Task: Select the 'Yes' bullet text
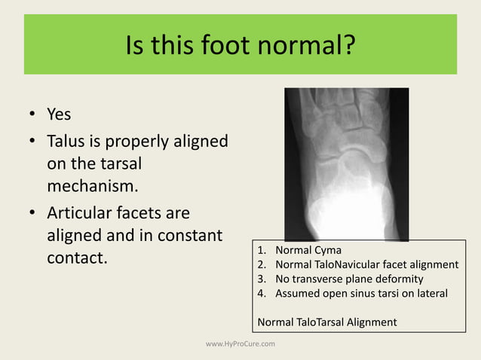(59, 114)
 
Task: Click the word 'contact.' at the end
(78, 258)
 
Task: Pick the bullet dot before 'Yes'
(32, 115)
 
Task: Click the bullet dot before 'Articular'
(32, 213)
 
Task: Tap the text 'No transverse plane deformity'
(345, 279)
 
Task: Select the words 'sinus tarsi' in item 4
(383, 293)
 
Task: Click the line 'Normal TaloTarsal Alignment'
(326, 322)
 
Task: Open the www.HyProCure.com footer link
(240, 343)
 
